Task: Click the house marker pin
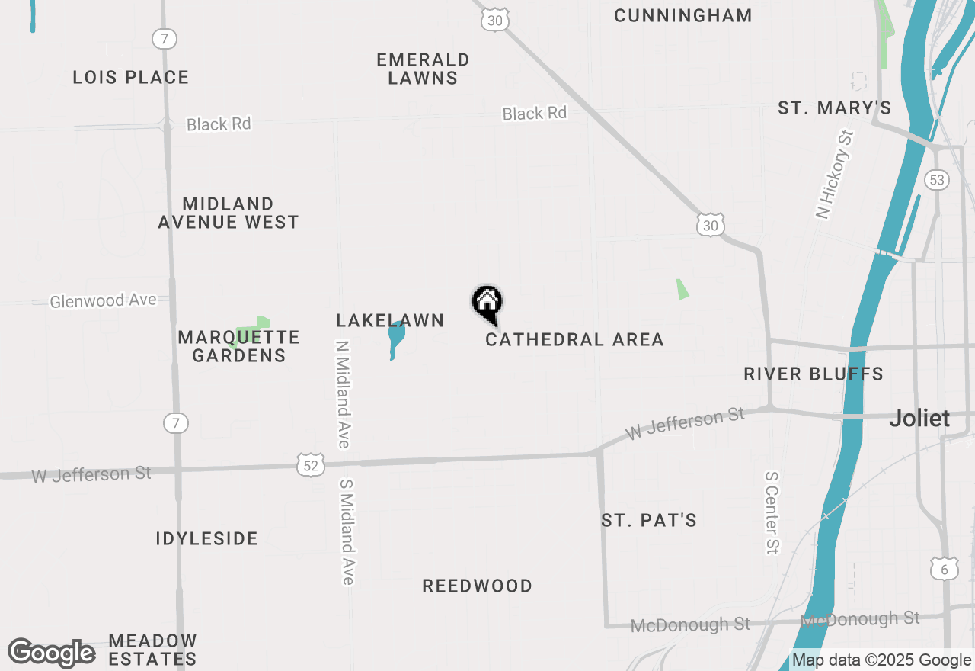[x=487, y=303]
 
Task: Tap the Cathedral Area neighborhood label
[x=574, y=339]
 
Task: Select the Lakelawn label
[x=390, y=320]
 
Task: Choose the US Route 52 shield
[x=311, y=464]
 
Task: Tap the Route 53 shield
[x=936, y=180]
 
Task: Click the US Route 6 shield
[x=944, y=568]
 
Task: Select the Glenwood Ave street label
[x=103, y=301]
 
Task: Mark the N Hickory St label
[x=835, y=175]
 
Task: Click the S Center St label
[x=772, y=512]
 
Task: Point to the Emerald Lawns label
[x=423, y=69]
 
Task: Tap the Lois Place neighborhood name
[x=131, y=77]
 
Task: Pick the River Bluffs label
[x=814, y=374]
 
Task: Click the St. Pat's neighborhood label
[x=649, y=520]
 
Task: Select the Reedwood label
[x=478, y=586]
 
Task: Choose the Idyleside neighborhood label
[x=207, y=538]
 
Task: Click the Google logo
[x=52, y=653]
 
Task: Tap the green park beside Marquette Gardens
[x=253, y=331]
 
